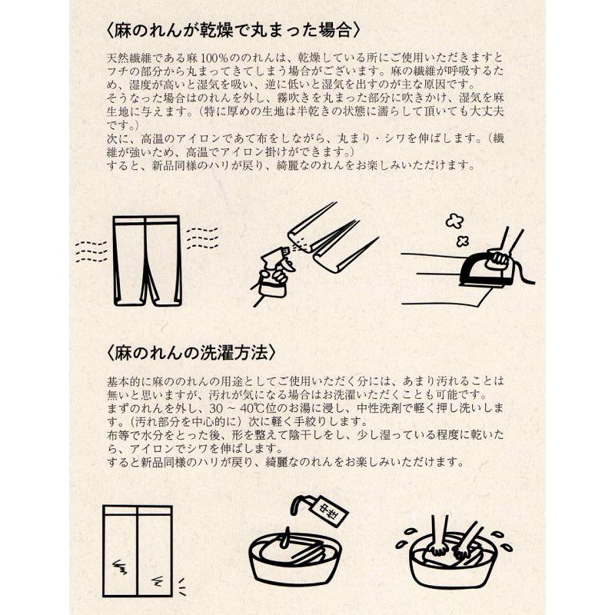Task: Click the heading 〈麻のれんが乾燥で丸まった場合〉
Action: pyautogui.click(x=233, y=31)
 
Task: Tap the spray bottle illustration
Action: pyautogui.click(x=273, y=274)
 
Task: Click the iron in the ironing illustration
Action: pyautogui.click(x=486, y=267)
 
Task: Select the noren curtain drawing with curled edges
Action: pyautogui.click(x=147, y=261)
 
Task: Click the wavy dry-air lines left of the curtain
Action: pyautogui.click(x=91, y=252)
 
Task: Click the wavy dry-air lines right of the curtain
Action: pyautogui.click(x=202, y=238)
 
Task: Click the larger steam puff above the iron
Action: pyautogui.click(x=454, y=221)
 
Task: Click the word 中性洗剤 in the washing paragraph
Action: pyautogui.click(x=379, y=408)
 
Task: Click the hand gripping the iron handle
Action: pyautogui.click(x=500, y=259)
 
